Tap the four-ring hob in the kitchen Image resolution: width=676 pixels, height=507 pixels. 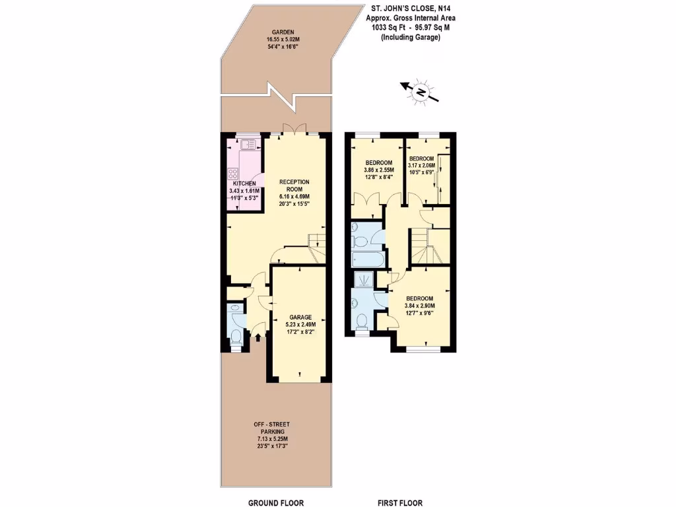point(234,174)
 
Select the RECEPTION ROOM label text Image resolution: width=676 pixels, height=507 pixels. point(294,186)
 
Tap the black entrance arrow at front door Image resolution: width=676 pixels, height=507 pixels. point(258,337)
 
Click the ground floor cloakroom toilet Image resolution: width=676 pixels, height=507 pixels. point(236,336)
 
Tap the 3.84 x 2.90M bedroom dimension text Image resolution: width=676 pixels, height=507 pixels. point(420,306)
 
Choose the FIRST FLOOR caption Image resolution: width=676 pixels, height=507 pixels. point(399,502)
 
